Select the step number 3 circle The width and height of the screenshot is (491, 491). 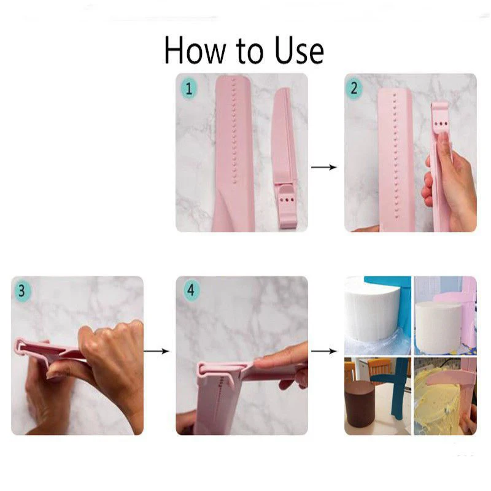click(x=21, y=290)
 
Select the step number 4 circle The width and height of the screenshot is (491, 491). click(x=190, y=290)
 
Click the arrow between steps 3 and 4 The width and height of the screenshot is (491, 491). click(x=157, y=351)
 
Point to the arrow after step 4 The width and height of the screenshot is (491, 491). click(x=324, y=351)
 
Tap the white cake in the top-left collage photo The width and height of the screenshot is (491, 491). click(x=371, y=313)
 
